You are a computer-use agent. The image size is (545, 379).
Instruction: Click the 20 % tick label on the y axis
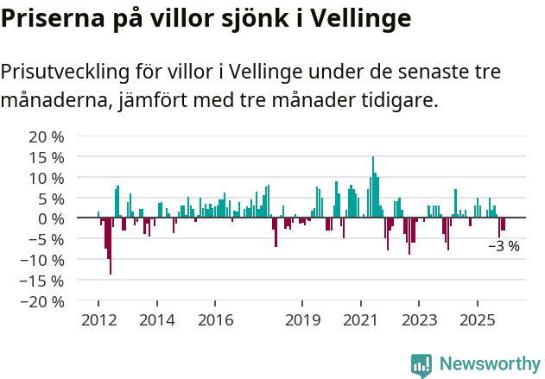pos(47,137)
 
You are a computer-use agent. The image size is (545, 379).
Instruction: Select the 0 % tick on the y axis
pos(51,219)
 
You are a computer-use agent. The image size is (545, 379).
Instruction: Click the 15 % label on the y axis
pos(47,158)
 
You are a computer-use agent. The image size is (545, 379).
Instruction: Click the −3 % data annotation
pos(504,246)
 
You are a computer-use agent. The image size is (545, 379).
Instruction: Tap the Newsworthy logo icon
pos(421,364)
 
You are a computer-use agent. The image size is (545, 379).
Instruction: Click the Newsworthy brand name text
pos(489,364)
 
